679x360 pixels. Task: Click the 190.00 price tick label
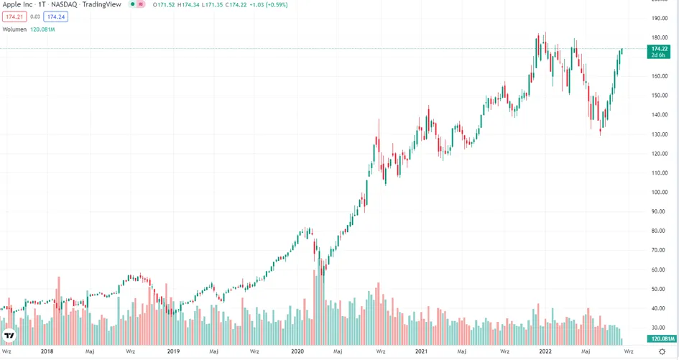point(660,18)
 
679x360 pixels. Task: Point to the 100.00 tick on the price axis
point(660,193)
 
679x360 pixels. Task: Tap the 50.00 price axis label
point(660,290)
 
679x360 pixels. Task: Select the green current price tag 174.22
point(659,52)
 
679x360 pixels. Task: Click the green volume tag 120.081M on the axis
point(662,338)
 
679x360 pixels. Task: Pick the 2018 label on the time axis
point(47,351)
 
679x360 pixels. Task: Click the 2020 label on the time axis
point(297,351)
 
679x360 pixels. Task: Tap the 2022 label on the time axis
point(545,351)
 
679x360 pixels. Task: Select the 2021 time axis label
point(421,351)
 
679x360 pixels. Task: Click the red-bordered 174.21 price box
point(14,17)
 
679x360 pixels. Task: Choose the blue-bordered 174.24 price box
point(56,17)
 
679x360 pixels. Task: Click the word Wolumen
point(14,29)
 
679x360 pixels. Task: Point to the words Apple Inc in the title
point(17,4)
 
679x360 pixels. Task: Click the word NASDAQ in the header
point(64,4)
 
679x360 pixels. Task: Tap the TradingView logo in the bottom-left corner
point(9,336)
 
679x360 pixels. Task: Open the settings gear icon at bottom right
point(662,351)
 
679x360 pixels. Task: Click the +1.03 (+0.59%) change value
point(269,5)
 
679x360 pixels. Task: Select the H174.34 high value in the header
point(189,5)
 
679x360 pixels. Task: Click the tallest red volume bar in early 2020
point(314,307)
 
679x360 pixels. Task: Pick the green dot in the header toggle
point(133,4)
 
